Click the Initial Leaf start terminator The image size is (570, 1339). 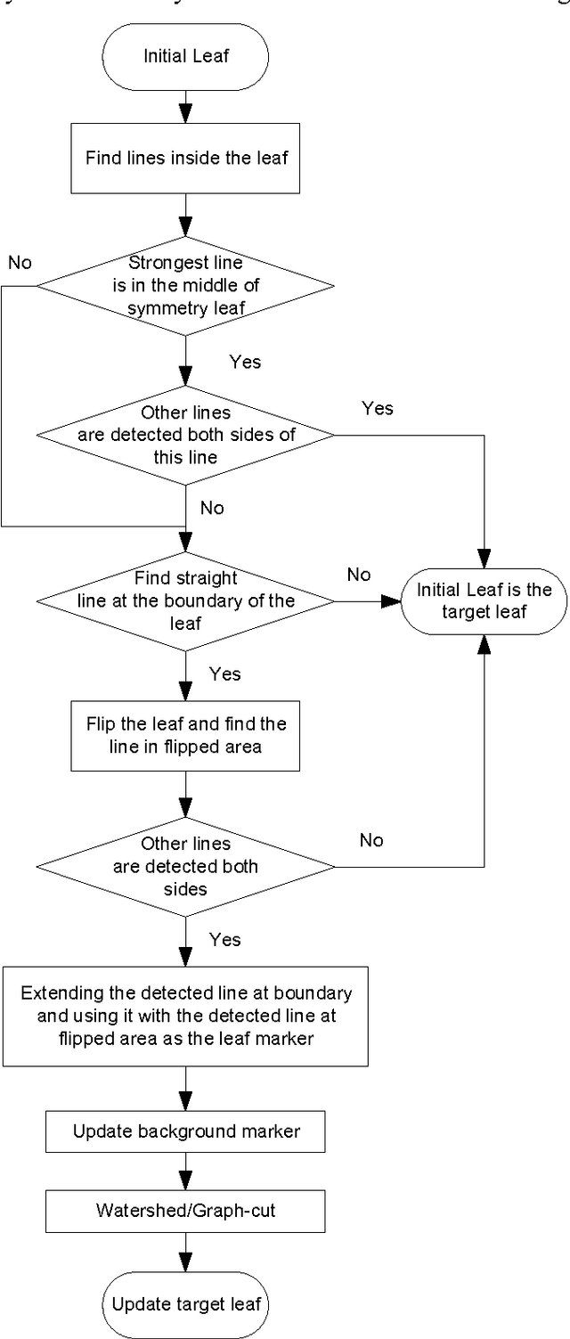(x=186, y=57)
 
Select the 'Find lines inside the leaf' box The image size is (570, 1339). (x=186, y=159)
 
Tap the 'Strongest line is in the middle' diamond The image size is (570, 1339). (x=185, y=286)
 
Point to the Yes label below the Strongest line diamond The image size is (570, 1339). (x=245, y=362)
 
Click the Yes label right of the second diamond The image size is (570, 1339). (x=377, y=408)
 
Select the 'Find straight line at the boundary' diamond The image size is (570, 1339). (x=185, y=600)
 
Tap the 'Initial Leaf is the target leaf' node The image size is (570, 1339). (x=484, y=601)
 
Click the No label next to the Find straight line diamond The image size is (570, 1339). (x=359, y=575)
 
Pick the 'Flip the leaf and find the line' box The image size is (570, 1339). (x=185, y=734)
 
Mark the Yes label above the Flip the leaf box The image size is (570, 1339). (x=224, y=674)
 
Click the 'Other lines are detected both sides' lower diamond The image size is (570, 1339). (x=185, y=865)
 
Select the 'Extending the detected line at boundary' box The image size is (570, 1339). (x=185, y=1015)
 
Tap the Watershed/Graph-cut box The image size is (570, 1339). (x=185, y=1211)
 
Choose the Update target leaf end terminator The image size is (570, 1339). (x=186, y=1304)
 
